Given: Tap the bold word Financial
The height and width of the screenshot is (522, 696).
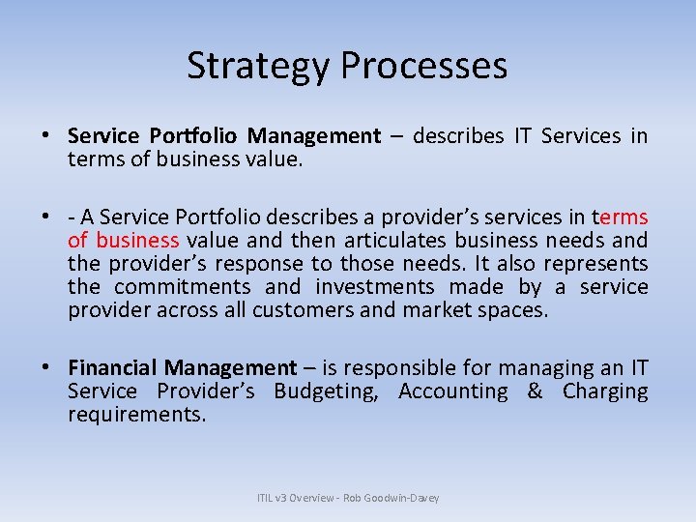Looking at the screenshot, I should tap(113, 367).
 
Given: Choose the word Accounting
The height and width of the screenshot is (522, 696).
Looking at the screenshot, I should tap(452, 391).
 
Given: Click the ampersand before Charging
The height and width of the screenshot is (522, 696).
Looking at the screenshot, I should tap(535, 391).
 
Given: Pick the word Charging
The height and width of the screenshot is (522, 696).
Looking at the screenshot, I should tap(605, 391).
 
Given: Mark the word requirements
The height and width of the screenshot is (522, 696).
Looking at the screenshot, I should tap(136, 414).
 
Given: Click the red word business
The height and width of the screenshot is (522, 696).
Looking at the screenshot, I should tap(137, 240).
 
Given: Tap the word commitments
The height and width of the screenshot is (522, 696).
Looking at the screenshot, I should tap(182, 286).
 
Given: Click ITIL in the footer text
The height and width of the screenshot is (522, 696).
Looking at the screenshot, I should tap(265, 498).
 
